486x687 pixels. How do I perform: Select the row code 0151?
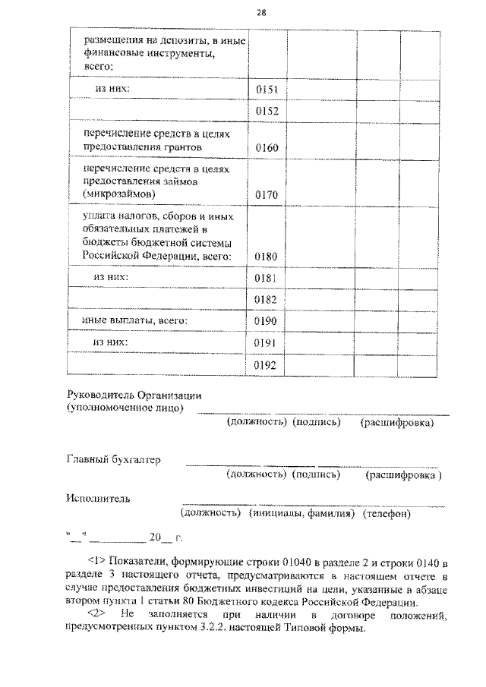(267, 90)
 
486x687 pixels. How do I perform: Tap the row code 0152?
(267, 112)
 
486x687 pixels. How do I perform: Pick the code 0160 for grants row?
(267, 147)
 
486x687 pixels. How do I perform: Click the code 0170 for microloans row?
(267, 194)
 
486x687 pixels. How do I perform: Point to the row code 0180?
(267, 257)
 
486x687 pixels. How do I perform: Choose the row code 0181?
(267, 279)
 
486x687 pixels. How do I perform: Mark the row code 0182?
(267, 301)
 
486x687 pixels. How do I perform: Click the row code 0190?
(267, 322)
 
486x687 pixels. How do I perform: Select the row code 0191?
(267, 344)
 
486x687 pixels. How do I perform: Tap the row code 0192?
(267, 366)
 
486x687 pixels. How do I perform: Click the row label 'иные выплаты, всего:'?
(134, 321)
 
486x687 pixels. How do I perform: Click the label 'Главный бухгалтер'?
(114, 459)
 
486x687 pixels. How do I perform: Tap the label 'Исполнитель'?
(98, 499)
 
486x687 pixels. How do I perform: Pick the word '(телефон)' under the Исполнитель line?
(387, 514)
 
